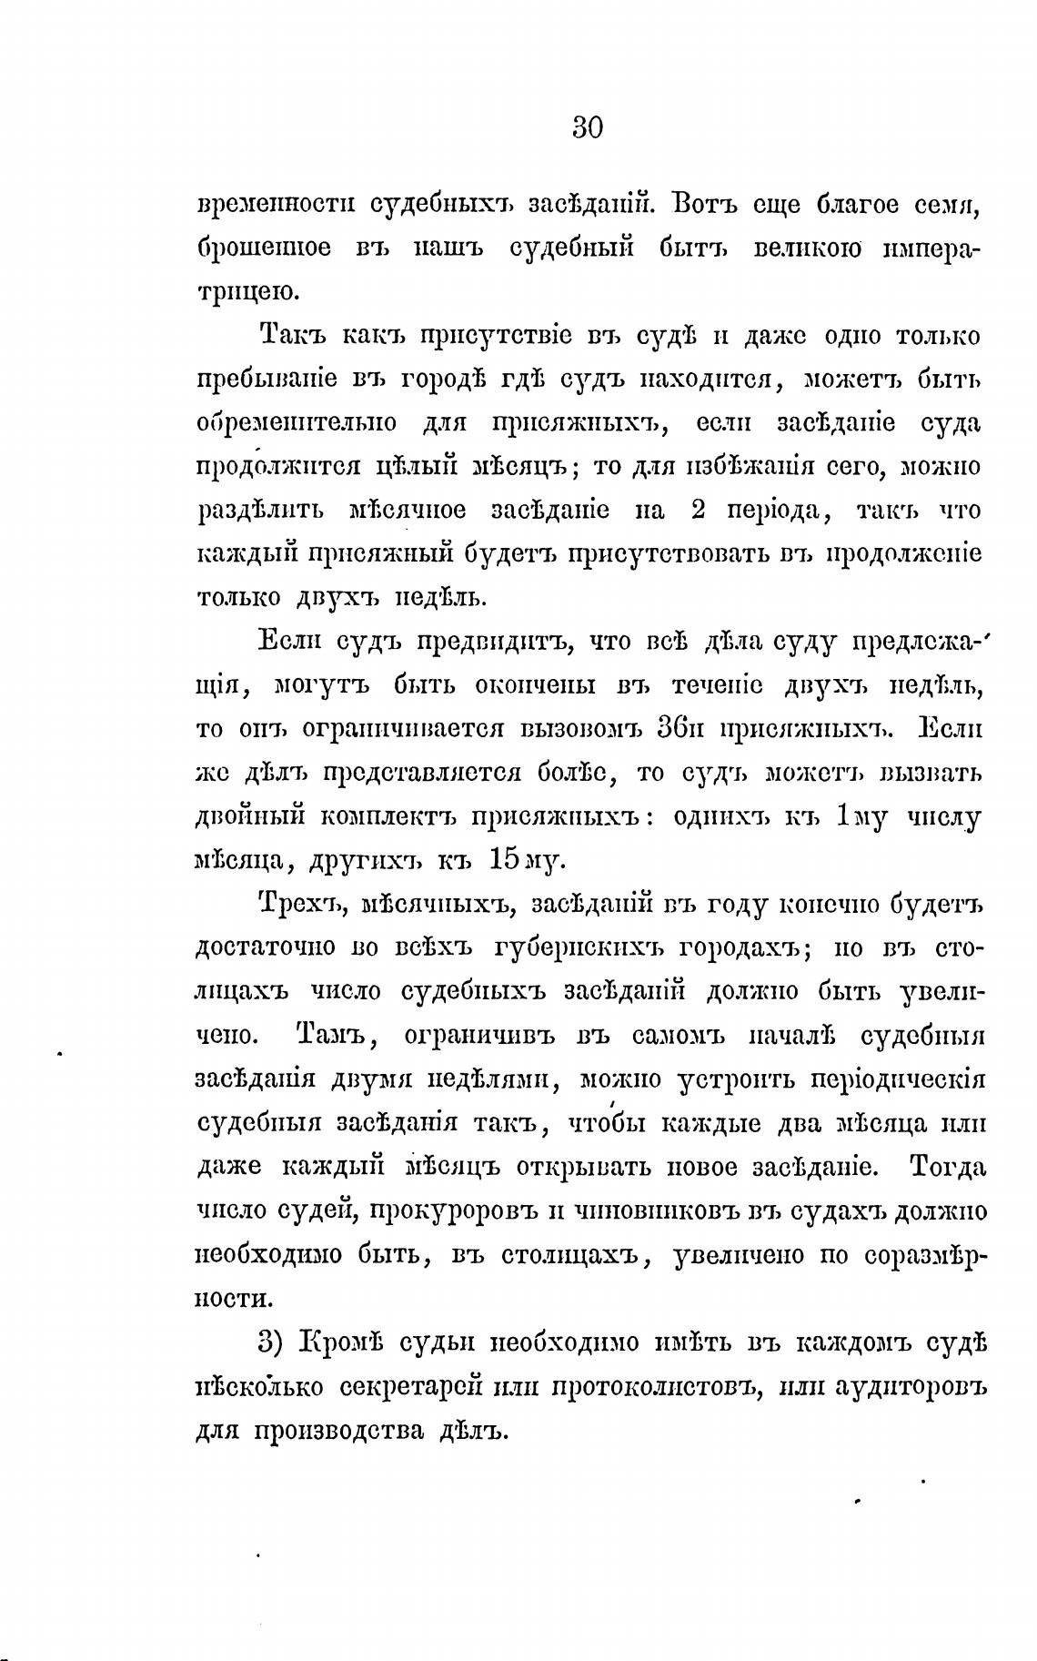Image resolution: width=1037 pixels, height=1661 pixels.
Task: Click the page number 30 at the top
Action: (x=588, y=127)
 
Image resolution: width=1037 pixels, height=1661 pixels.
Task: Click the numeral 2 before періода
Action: (x=699, y=511)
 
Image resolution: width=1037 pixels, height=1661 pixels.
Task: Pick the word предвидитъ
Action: (x=494, y=643)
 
